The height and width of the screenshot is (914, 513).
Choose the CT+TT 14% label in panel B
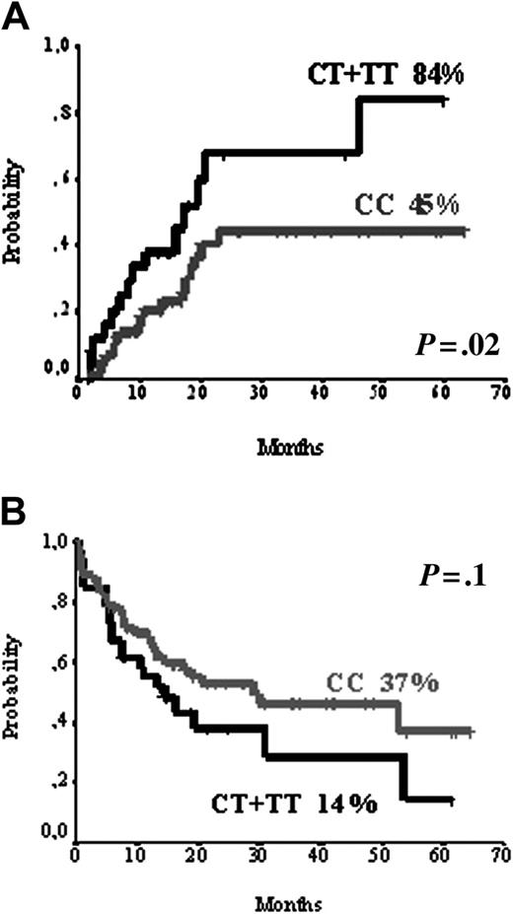[294, 805]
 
